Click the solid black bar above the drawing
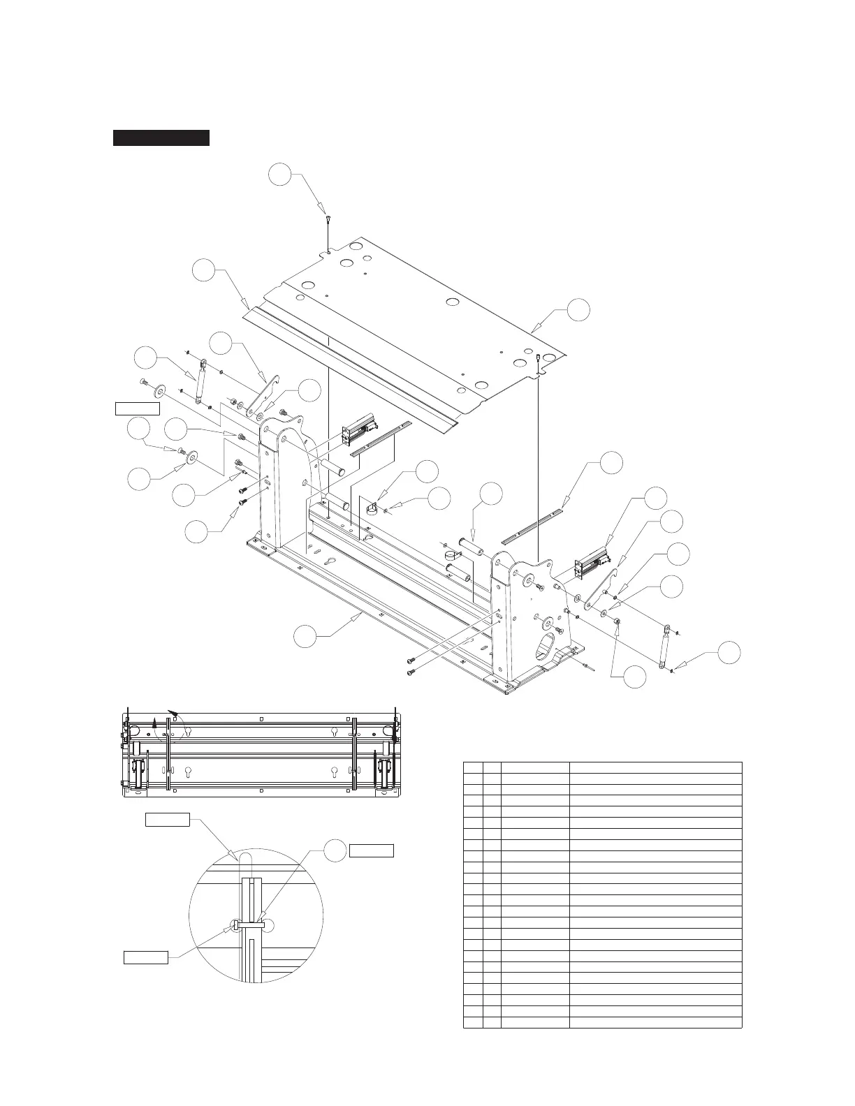(161, 138)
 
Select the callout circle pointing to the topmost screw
(282, 175)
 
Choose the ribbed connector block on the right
(592, 563)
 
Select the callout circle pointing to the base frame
(305, 637)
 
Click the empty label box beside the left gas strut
(137, 408)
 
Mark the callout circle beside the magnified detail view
(336, 850)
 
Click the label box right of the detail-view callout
(371, 850)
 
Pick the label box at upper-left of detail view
(167, 819)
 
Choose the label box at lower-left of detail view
(146, 957)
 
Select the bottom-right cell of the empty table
(655, 1023)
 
